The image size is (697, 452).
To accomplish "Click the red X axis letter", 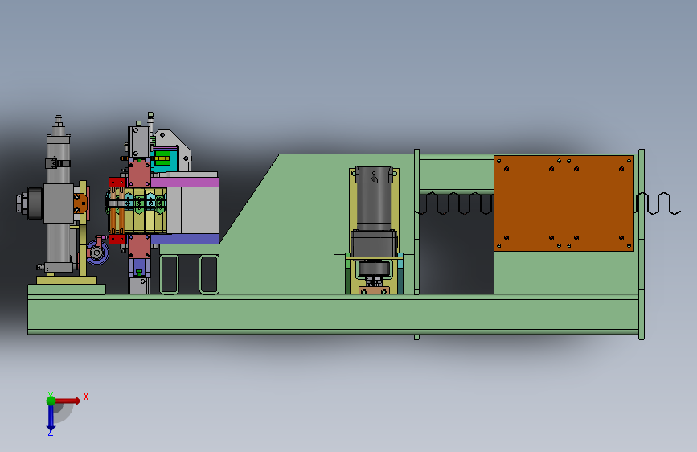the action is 86,397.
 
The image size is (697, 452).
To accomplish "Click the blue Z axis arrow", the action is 51,417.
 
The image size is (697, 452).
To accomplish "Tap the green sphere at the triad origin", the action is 51,401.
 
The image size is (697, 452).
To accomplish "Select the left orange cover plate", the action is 528,203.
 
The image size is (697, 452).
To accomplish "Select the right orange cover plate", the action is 599,203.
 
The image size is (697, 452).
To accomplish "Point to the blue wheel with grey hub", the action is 97,253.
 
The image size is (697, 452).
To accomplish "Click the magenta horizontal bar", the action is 184,182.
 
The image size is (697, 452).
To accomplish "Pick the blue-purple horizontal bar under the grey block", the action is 184,239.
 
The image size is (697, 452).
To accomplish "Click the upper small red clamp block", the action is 117,182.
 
